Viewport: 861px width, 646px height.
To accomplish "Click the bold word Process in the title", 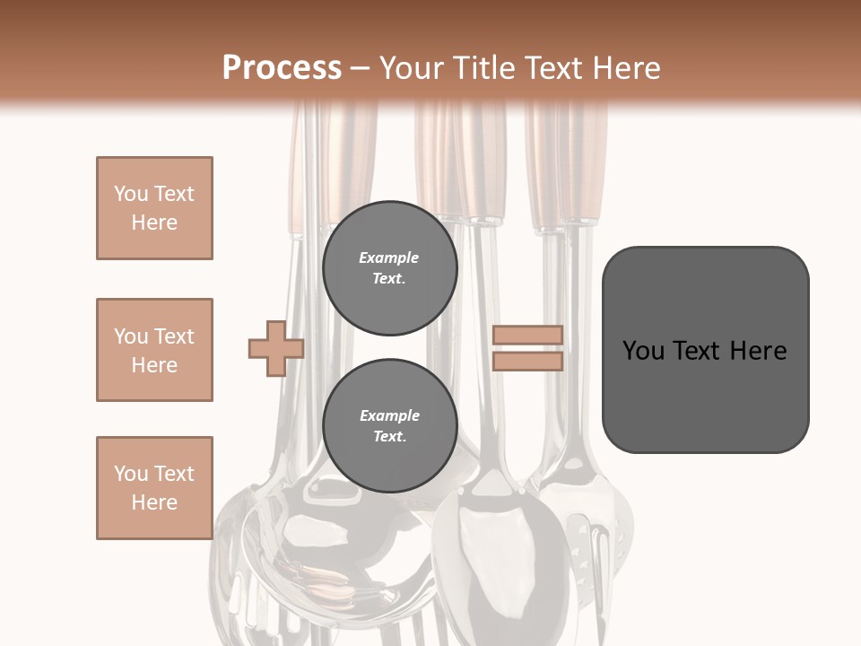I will click(282, 67).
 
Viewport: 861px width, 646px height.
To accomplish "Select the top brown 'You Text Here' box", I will click(154, 208).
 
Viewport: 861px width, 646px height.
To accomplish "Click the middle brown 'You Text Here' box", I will click(154, 350).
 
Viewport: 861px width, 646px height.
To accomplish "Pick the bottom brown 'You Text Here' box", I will click(154, 488).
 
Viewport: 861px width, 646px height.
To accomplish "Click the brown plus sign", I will click(276, 349).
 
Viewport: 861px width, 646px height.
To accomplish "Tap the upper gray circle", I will click(389, 268).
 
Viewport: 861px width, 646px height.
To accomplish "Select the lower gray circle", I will click(389, 426).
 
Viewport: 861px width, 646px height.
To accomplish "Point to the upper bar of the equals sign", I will click(527, 336).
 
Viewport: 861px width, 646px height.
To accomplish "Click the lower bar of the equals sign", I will click(527, 362).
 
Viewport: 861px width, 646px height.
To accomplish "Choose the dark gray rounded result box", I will click(705, 349).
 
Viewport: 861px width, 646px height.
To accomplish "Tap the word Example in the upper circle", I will click(389, 258).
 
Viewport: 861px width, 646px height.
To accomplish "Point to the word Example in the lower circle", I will click(389, 415).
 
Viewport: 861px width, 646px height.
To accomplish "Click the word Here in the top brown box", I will click(154, 223).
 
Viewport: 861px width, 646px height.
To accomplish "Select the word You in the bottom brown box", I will click(131, 474).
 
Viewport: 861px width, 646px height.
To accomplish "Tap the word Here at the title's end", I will click(628, 67).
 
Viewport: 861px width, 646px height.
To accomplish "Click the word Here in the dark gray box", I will click(759, 351).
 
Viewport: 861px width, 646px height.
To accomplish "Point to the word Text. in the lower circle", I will click(389, 437).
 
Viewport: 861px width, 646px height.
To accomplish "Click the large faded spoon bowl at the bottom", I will click(500, 556).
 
